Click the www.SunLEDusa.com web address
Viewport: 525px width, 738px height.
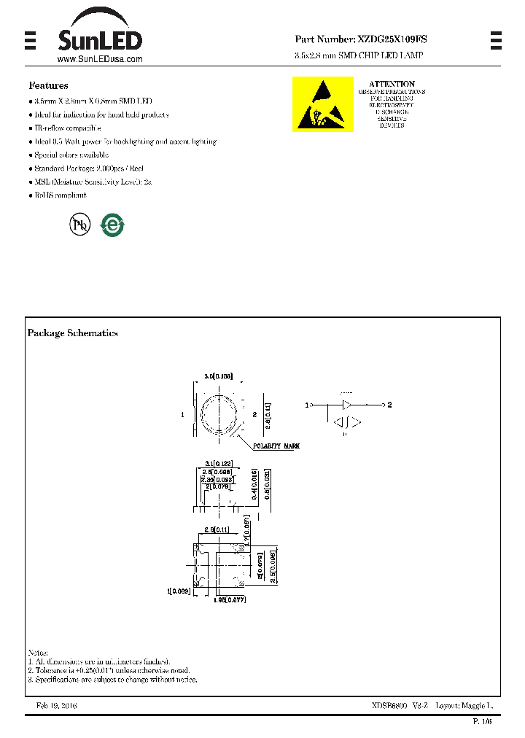tap(99, 59)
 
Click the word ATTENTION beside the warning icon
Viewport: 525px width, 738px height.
tap(392, 84)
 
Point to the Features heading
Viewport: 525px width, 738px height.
tap(49, 86)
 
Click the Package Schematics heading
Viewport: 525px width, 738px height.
tap(73, 333)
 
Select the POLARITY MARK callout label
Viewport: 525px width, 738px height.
tap(276, 446)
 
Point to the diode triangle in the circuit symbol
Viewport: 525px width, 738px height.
tap(347, 404)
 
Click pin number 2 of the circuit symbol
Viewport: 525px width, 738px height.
tap(390, 404)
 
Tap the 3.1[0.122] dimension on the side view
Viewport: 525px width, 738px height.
tap(218, 464)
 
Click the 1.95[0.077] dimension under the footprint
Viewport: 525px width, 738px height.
tap(230, 599)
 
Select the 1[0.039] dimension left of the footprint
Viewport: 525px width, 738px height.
tap(179, 591)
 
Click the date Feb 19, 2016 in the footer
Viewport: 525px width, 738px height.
tap(56, 706)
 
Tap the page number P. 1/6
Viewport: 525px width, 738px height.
tap(483, 721)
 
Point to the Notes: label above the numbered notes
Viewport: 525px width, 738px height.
tap(38, 652)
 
